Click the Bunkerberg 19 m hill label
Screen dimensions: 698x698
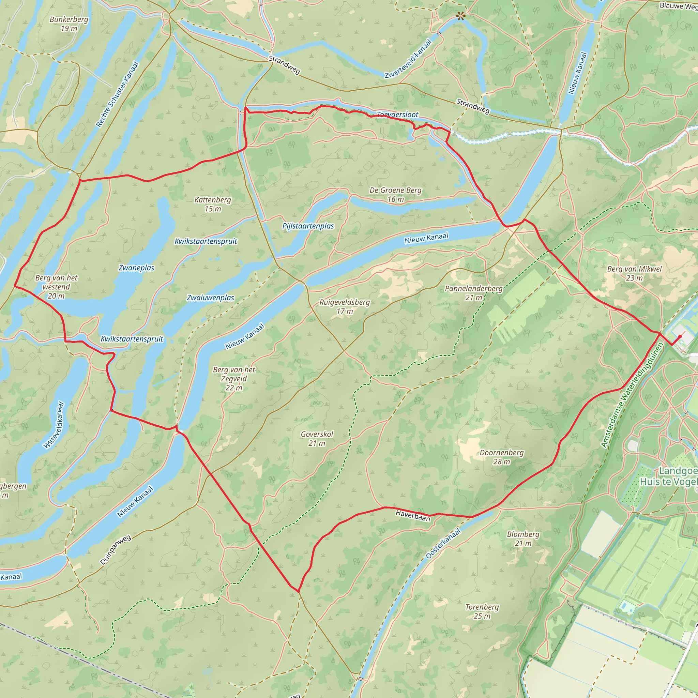pyautogui.click(x=69, y=24)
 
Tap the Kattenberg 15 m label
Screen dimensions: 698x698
pyautogui.click(x=212, y=204)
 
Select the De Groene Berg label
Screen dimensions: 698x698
pyautogui.click(x=395, y=194)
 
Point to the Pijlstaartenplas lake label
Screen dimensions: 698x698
pyautogui.click(x=308, y=226)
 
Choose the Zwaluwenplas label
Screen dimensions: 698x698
pyautogui.click(x=210, y=298)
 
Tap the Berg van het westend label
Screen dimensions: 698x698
pyautogui.click(x=56, y=287)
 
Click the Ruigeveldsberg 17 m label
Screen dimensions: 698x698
pyautogui.click(x=344, y=306)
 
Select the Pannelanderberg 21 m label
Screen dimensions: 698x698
pyautogui.click(x=473, y=293)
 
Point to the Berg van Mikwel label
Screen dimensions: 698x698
pyautogui.click(x=634, y=273)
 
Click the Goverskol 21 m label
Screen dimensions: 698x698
pyautogui.click(x=317, y=439)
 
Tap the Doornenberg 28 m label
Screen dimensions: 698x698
pyautogui.click(x=501, y=457)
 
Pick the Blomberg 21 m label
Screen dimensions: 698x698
pyautogui.click(x=523, y=539)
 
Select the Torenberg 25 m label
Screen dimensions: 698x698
pyautogui.click(x=482, y=611)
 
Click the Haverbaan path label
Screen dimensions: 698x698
pyautogui.click(x=413, y=516)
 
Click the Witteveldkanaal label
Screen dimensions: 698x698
pyautogui.click(x=54, y=425)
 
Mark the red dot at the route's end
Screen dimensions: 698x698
pyautogui.click(x=680, y=336)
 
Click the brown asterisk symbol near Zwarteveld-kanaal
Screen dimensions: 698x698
pyautogui.click(x=460, y=16)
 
